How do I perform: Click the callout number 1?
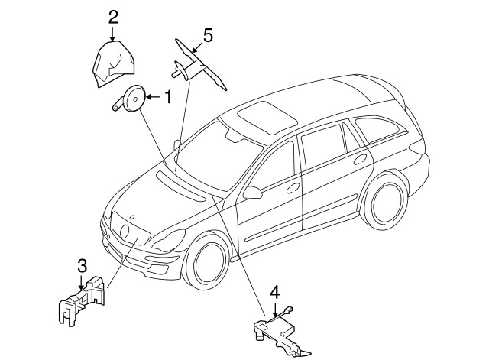click(x=168, y=97)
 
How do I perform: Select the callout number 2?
click(x=114, y=17)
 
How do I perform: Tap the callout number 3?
click(x=82, y=267)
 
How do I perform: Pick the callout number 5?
click(x=208, y=35)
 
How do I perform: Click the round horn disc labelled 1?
click(x=134, y=99)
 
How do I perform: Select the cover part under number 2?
click(x=114, y=64)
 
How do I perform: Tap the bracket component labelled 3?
click(x=82, y=300)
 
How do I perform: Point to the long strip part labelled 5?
click(x=199, y=65)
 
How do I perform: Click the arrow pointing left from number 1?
click(x=153, y=97)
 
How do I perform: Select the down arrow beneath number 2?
click(x=113, y=34)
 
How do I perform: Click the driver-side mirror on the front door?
click(x=252, y=193)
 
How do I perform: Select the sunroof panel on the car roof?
click(x=267, y=117)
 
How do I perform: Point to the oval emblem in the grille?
click(x=125, y=232)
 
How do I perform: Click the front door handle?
click(x=293, y=187)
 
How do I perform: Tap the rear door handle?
click(x=361, y=159)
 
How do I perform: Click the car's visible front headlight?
click(x=169, y=241)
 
